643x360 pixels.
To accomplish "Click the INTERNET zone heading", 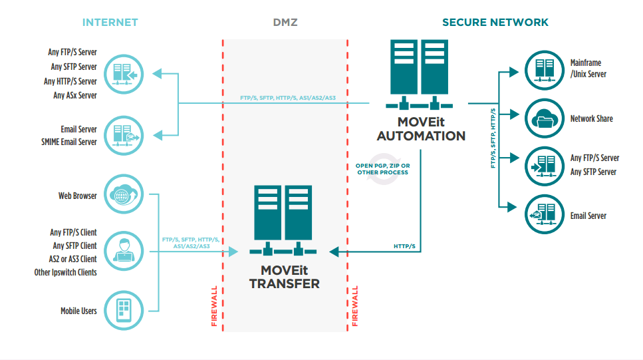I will tap(110, 22).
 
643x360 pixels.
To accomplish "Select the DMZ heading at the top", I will tap(285, 22).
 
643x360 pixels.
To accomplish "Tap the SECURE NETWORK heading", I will tap(495, 22).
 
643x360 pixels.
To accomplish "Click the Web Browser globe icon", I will tap(124, 195).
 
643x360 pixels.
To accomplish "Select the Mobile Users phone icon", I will tap(124, 311).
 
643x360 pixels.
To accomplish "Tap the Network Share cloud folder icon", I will tap(545, 119).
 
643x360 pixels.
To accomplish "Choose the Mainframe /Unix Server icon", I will tap(545, 69).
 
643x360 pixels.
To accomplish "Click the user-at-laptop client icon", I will tap(124, 252).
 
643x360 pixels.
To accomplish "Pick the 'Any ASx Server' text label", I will tap(75, 95).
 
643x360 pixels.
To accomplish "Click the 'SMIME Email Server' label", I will tap(70, 142).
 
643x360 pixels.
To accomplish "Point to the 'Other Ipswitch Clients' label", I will tap(66, 272).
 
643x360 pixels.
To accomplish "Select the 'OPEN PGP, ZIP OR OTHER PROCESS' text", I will tap(382, 169).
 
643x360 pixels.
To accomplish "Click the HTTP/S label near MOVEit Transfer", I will tap(404, 246).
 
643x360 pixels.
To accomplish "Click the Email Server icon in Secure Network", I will tap(545, 215).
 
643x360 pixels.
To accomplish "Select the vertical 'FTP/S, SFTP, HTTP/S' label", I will tap(493, 138).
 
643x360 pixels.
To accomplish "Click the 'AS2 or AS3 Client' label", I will tap(72, 259).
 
